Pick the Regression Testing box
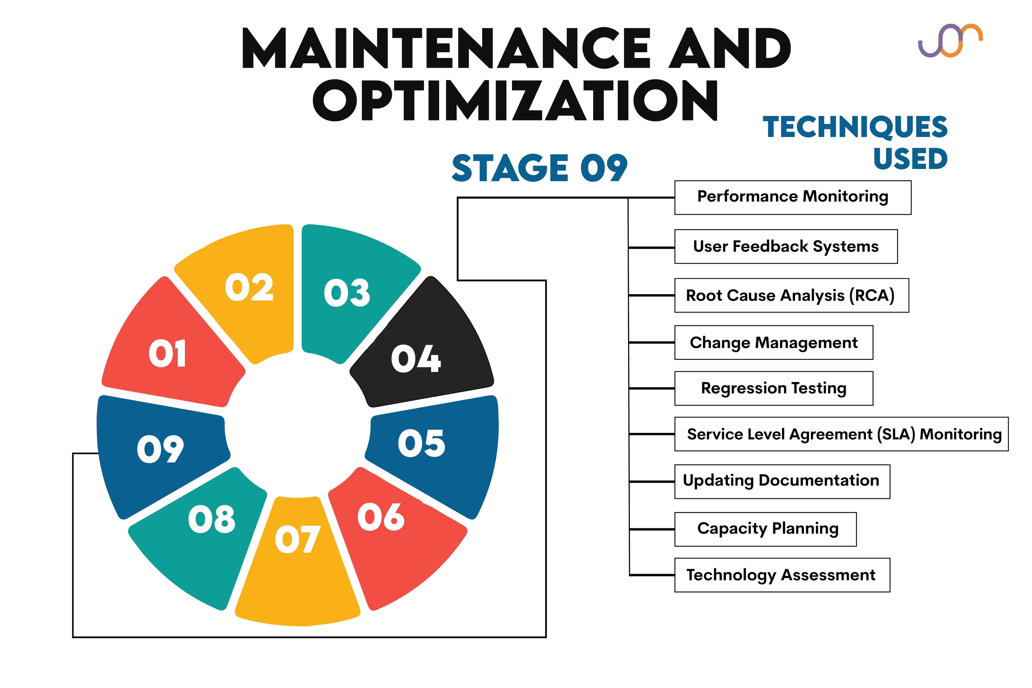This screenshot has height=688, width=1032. click(773, 388)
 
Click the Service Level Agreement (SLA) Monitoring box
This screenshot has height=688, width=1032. click(841, 434)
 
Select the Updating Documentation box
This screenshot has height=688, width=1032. click(782, 481)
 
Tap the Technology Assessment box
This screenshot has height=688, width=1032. click(782, 575)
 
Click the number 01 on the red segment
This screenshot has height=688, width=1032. click(167, 353)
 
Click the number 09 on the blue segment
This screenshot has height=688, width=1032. click(160, 449)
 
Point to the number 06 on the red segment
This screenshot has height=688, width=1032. click(381, 517)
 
